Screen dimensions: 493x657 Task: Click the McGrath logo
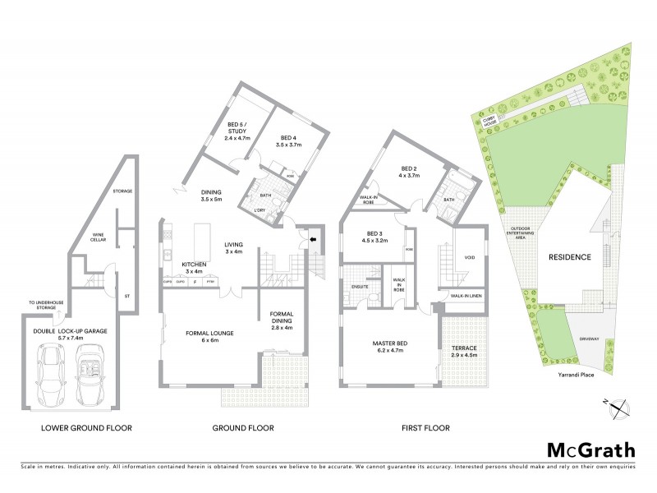[x=590, y=449]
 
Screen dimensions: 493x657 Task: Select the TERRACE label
[x=466, y=350]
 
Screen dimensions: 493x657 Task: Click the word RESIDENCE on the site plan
[x=570, y=257]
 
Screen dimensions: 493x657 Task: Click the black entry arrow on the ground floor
[x=313, y=239]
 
